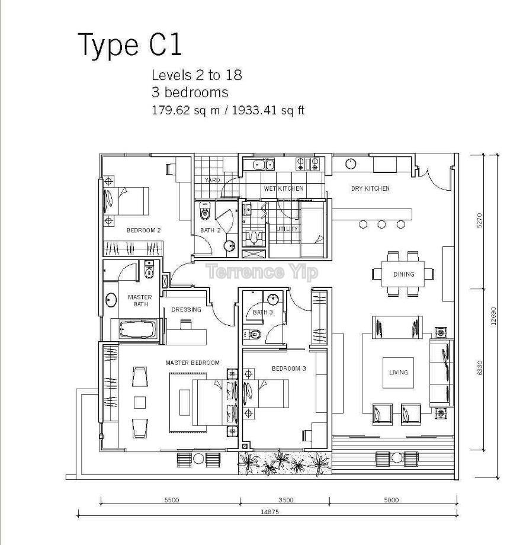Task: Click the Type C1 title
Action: point(130,44)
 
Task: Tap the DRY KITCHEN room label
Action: point(370,188)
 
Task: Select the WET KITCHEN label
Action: point(283,188)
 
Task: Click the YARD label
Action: point(212,180)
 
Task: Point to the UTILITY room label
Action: point(287,229)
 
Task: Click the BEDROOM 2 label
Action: point(143,230)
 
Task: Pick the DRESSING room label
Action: point(186,309)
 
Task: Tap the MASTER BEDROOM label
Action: point(192,363)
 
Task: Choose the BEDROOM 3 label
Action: point(289,368)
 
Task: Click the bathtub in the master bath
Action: point(137,329)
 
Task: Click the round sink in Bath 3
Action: point(273,299)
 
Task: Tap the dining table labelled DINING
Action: point(403,274)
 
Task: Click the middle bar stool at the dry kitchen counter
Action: point(381,225)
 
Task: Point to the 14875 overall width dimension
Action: point(269,512)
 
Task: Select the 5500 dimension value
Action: point(172,500)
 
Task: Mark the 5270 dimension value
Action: point(480,220)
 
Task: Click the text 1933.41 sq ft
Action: point(268,110)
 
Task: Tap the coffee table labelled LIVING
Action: point(398,373)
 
